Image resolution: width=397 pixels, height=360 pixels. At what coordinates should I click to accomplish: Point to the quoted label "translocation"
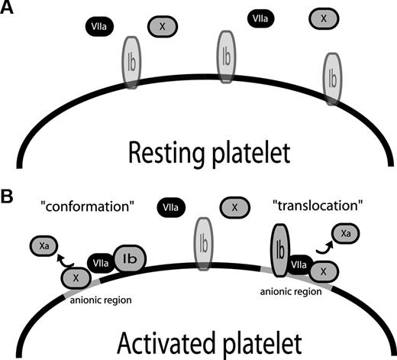(308, 206)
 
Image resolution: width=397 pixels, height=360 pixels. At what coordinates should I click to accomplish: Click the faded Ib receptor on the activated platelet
(202, 245)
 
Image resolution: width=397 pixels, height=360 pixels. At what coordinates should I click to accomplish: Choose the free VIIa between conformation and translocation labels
(169, 206)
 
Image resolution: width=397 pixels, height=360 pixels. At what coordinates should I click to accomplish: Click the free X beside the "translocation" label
(234, 206)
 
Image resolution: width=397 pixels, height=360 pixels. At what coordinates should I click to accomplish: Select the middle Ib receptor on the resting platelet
(226, 57)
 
